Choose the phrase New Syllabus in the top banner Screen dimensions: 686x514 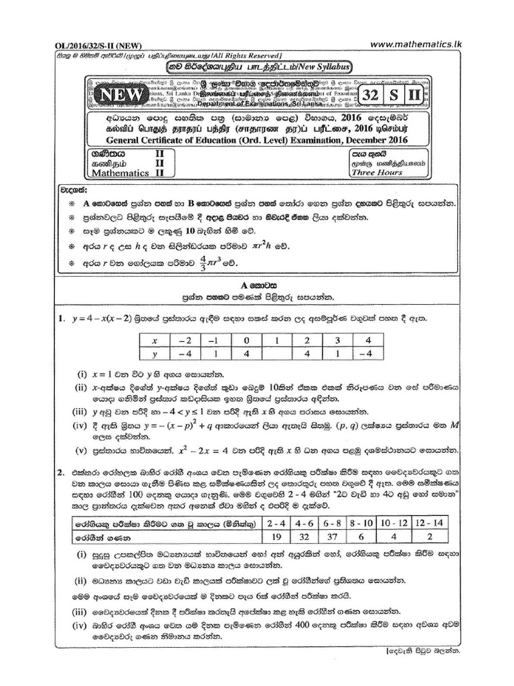pyautogui.click(x=323, y=66)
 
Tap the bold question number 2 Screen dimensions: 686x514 pyautogui.click(x=60, y=472)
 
